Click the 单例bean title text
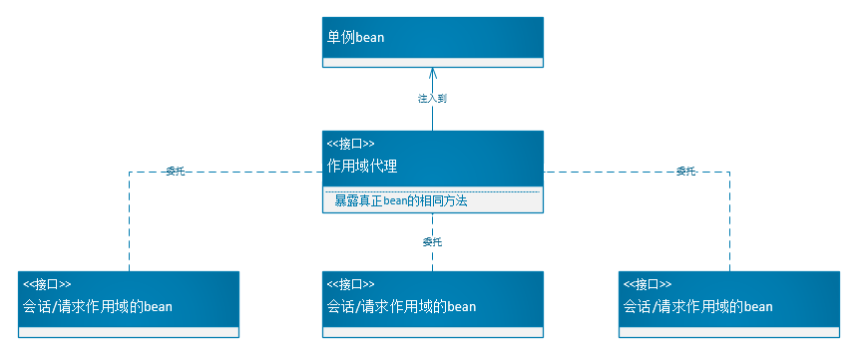tap(356, 38)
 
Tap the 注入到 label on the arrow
tap(432, 98)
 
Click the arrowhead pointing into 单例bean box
tap(433, 73)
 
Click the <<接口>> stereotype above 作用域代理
tap(350, 144)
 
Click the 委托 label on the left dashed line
tap(175, 172)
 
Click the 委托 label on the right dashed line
tap(685, 172)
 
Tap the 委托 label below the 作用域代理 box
tap(432, 241)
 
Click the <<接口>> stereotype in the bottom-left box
tap(47, 284)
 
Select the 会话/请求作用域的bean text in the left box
tap(98, 306)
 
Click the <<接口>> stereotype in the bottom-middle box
tap(351, 284)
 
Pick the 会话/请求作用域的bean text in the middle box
tap(401, 306)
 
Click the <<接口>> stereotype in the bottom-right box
tap(648, 284)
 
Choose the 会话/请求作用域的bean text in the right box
tap(697, 306)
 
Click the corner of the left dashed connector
tap(129, 173)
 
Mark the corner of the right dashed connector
tap(729, 173)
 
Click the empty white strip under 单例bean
tap(433, 62)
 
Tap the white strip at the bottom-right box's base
tap(728, 331)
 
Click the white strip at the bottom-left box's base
tap(129, 331)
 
